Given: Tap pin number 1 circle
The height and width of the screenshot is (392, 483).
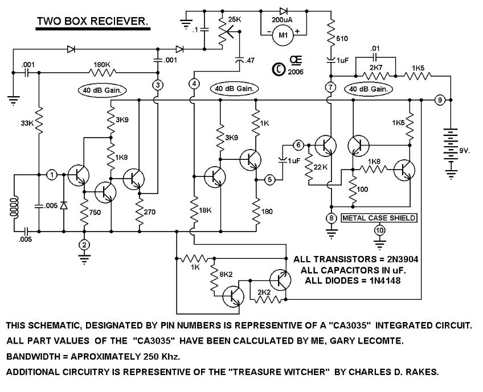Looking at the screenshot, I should (x=51, y=175).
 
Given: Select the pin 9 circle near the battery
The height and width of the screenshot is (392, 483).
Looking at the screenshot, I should (x=439, y=100).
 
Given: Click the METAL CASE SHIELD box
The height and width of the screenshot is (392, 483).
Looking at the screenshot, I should (x=379, y=218).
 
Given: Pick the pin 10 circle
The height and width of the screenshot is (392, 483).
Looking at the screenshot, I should (x=379, y=230).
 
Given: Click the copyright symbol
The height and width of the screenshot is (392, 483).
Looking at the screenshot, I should (x=279, y=68).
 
